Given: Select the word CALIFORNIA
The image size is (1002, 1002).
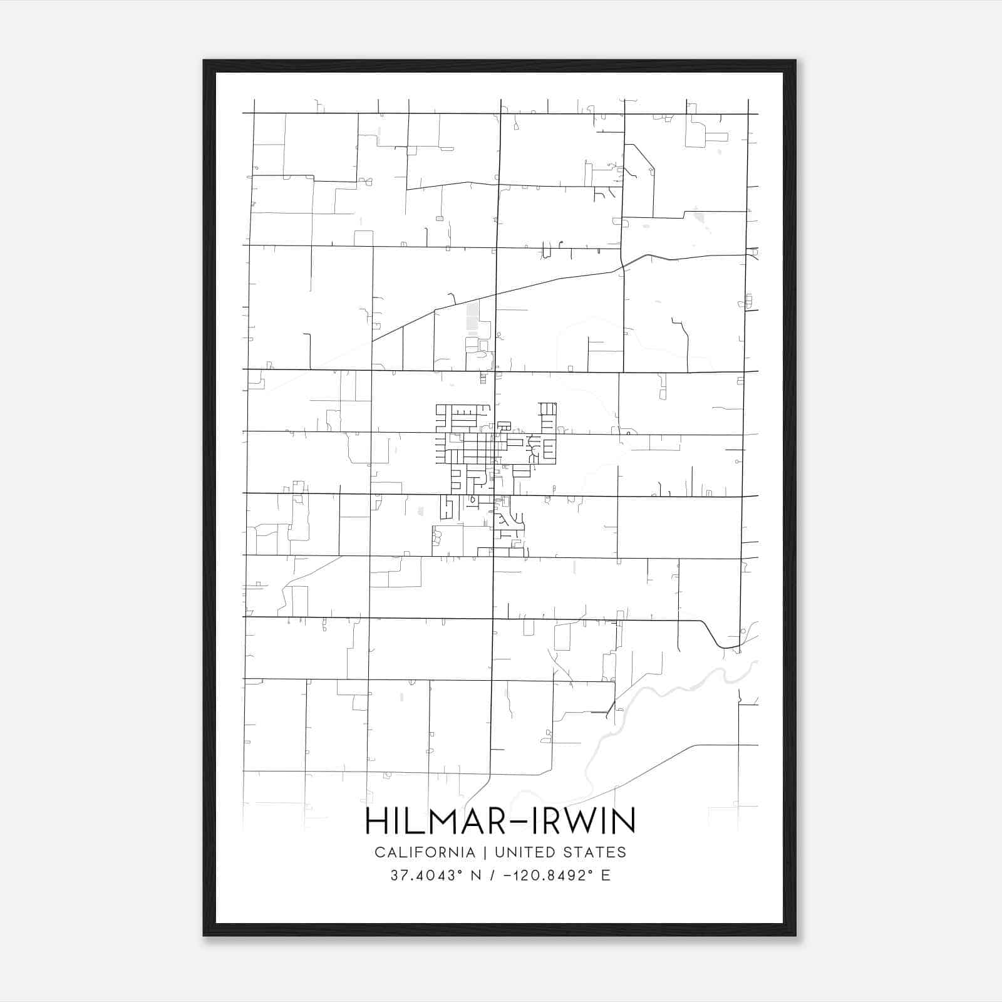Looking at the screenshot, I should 425,852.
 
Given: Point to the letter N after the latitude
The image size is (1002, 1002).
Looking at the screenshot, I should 476,875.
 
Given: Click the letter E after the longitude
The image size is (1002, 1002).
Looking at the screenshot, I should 606,875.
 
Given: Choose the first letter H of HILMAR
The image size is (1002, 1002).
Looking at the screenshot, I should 374,821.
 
